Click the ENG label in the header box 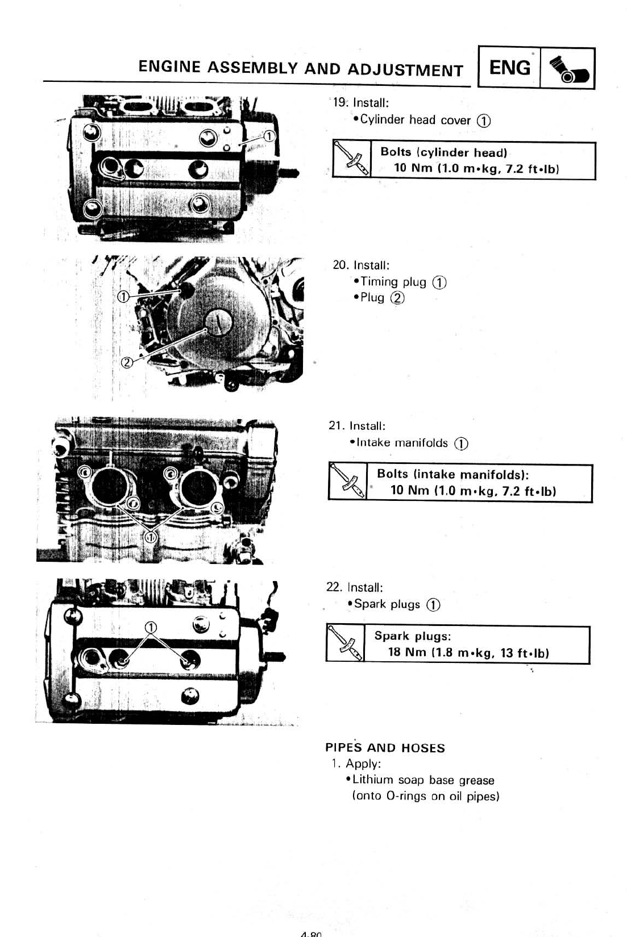[509, 68]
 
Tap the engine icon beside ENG [567, 69]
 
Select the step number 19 [340, 103]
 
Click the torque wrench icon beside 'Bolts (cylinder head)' [351, 160]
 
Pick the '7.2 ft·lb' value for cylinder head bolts [532, 169]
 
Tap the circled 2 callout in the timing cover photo [127, 363]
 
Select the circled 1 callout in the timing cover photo [123, 297]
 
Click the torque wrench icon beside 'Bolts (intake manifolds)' [347, 483]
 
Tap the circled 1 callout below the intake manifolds [151, 536]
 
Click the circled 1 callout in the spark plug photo [151, 627]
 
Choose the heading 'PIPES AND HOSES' [385, 748]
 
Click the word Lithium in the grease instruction [373, 780]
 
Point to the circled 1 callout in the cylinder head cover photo [269, 135]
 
